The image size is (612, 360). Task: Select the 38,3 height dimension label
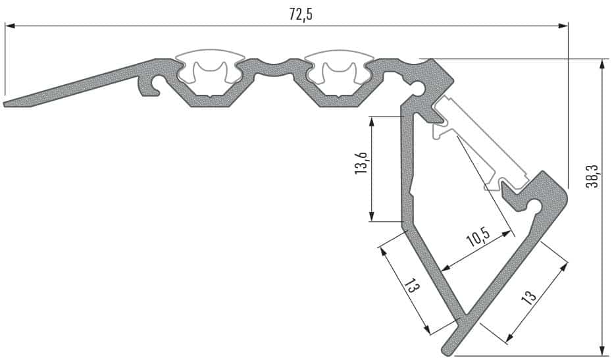(x=592, y=176)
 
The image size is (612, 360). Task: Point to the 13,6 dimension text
(x=361, y=163)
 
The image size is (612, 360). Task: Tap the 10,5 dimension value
(x=478, y=237)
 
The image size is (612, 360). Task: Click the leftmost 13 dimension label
(x=412, y=288)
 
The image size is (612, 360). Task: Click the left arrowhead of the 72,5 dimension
(x=10, y=26)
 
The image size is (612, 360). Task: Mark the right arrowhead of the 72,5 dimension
(x=563, y=26)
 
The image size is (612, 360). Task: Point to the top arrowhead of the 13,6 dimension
(x=372, y=122)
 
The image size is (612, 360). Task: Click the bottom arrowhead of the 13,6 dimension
(x=372, y=216)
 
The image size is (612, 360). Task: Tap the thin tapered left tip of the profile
(x=5, y=104)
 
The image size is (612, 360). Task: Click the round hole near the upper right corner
(x=419, y=86)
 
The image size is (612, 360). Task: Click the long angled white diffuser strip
(x=480, y=143)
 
